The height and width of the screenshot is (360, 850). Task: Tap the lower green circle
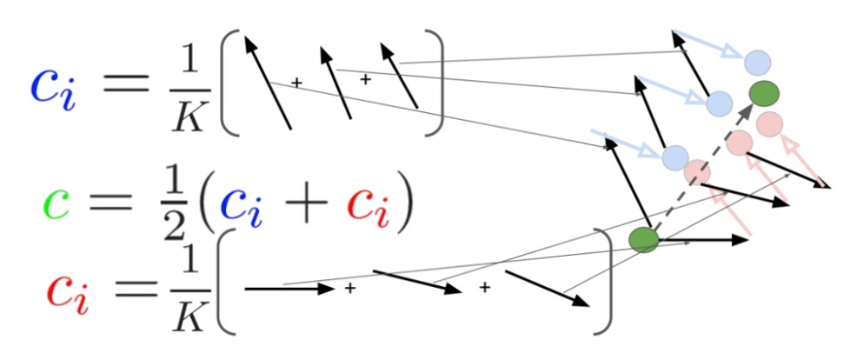(x=644, y=238)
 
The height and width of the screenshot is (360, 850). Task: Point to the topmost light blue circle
(x=757, y=61)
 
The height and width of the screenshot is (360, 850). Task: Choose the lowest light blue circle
(x=675, y=157)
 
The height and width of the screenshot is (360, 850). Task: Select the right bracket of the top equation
(x=435, y=83)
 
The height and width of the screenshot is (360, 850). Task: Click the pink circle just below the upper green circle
(x=770, y=123)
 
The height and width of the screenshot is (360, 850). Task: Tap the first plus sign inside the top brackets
(x=296, y=83)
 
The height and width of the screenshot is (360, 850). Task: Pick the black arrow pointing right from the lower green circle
(x=704, y=239)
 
